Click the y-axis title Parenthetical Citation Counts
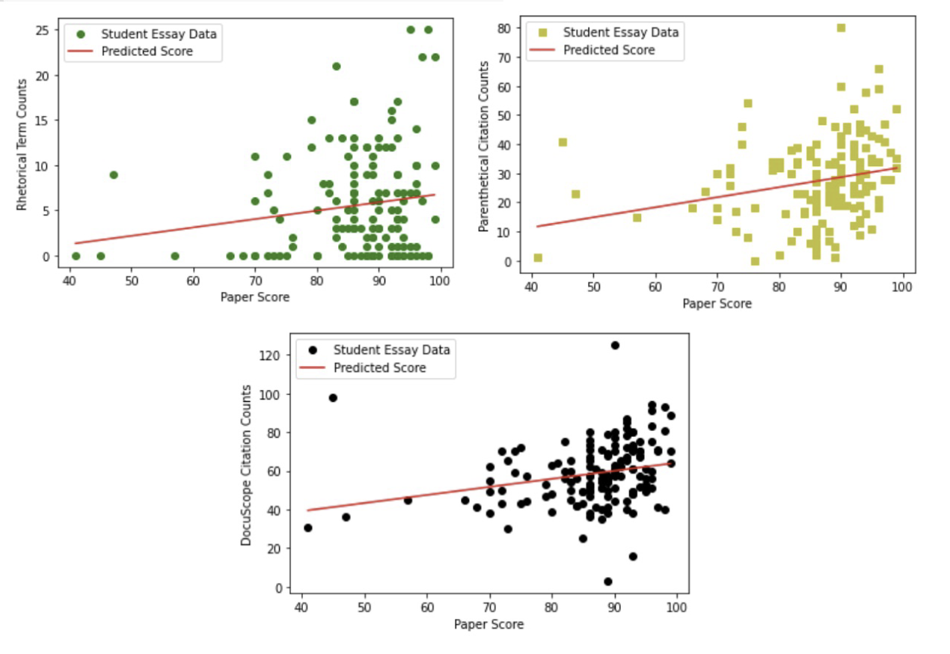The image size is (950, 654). click(484, 147)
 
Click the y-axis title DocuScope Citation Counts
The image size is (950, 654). click(246, 465)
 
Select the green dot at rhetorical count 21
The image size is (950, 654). click(336, 67)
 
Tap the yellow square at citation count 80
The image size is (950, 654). click(841, 28)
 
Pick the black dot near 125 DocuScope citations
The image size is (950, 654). click(615, 345)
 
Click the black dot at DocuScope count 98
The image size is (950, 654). click(333, 397)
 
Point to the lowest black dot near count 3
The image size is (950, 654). click(608, 581)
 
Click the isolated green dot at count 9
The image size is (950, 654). click(113, 174)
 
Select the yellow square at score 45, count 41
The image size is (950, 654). click(563, 142)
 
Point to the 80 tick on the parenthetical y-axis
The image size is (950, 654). click(506, 28)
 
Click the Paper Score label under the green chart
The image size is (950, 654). click(254, 297)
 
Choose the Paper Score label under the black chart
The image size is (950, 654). click(488, 624)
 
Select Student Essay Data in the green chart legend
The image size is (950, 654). click(159, 34)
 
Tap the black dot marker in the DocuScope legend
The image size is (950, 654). click(313, 349)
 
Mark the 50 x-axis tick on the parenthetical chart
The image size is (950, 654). click(593, 287)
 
